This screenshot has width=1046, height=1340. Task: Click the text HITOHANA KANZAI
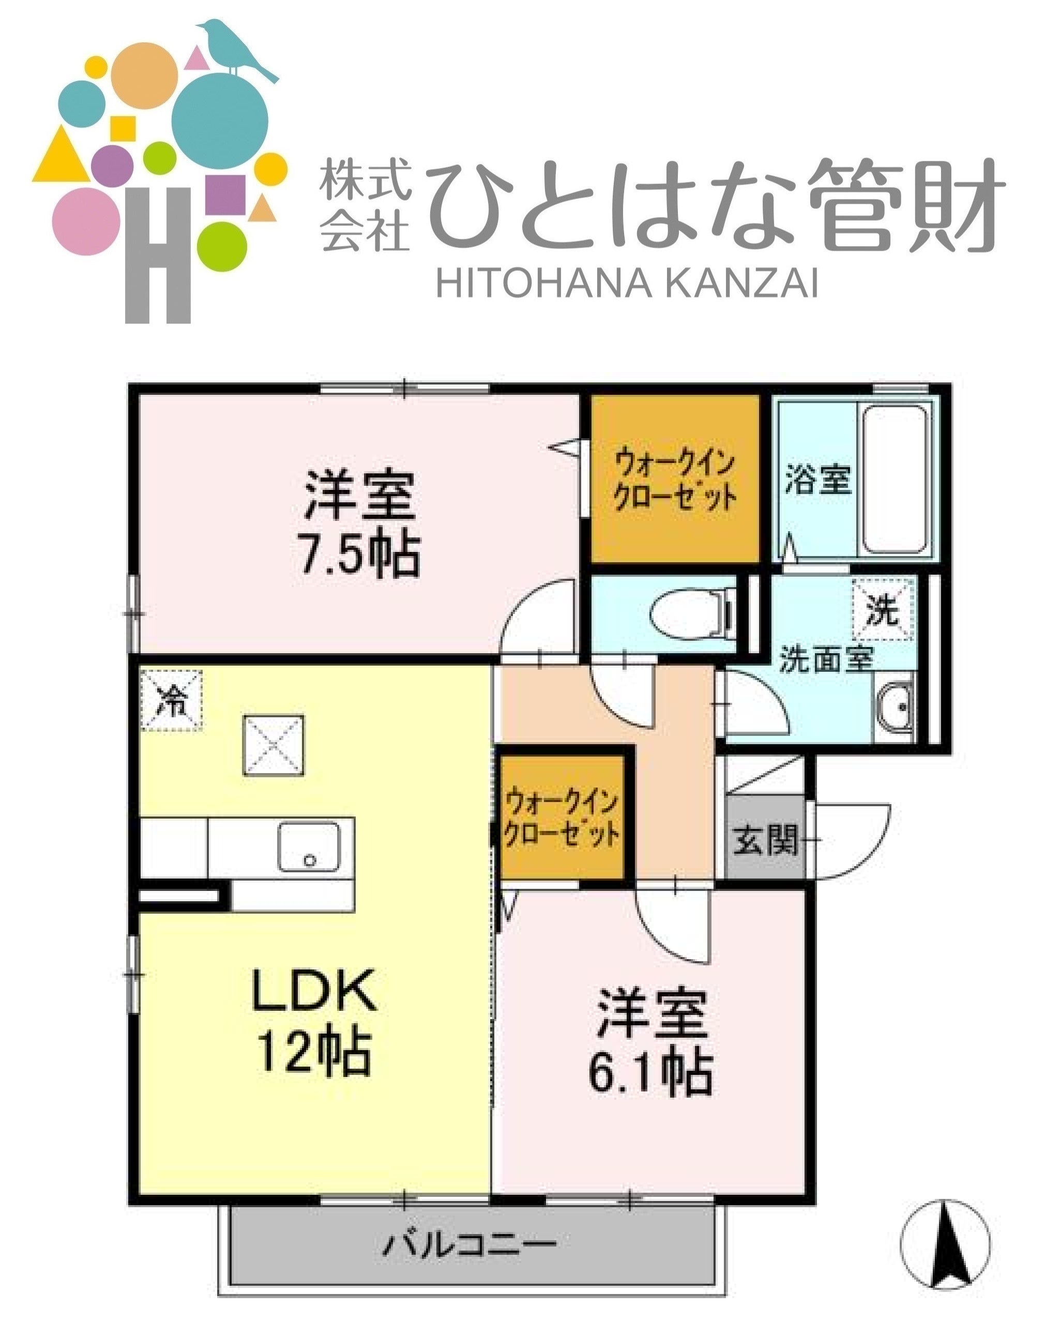[627, 284]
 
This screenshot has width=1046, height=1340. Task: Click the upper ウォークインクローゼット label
[675, 479]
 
